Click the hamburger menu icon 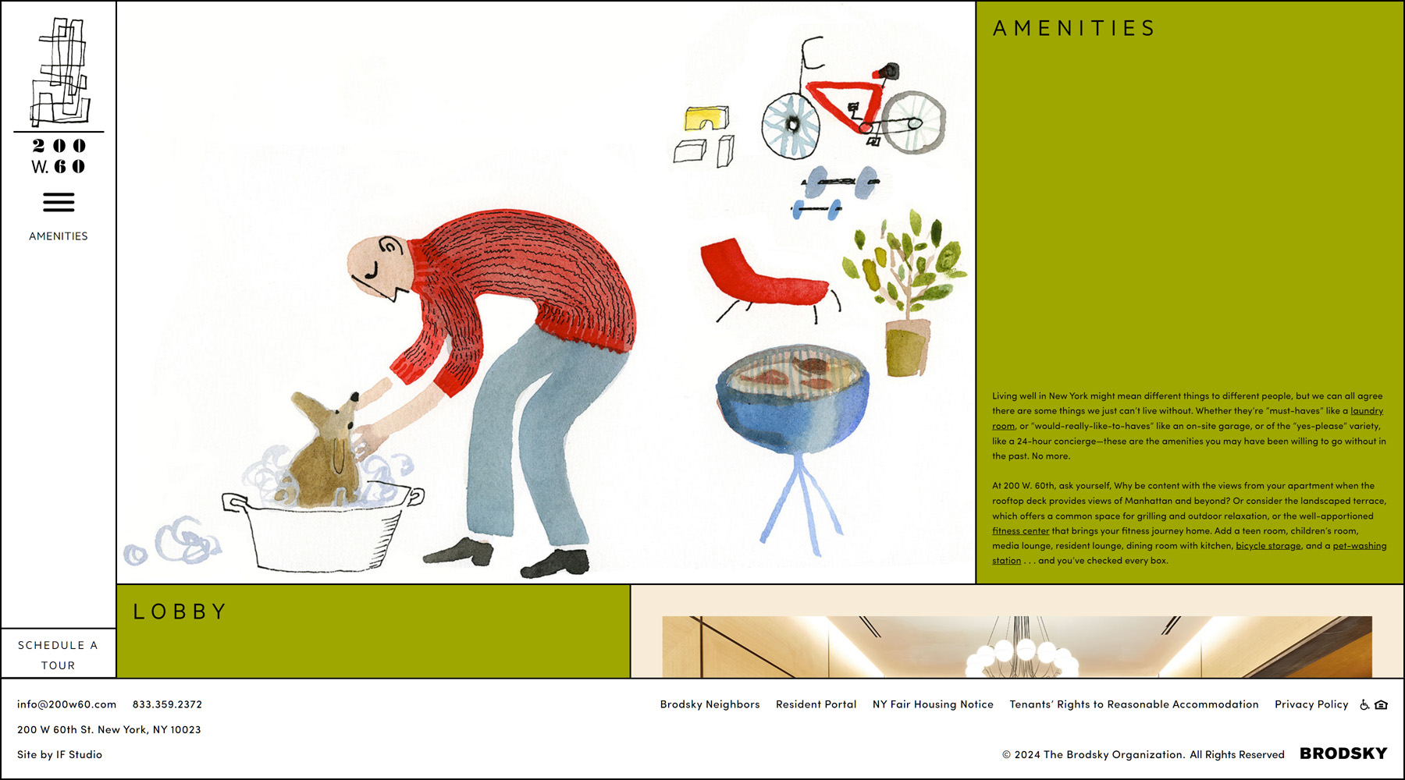pyautogui.click(x=59, y=203)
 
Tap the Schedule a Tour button pyautogui.click(x=59, y=654)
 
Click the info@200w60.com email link pyautogui.click(x=67, y=704)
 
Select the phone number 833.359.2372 pyautogui.click(x=167, y=704)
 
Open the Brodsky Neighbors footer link pyautogui.click(x=710, y=704)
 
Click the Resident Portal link pyautogui.click(x=816, y=704)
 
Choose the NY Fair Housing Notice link pyautogui.click(x=933, y=704)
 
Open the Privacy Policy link pyautogui.click(x=1311, y=704)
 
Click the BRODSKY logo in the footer pyautogui.click(x=1343, y=753)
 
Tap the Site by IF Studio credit pyautogui.click(x=59, y=754)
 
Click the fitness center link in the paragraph pyautogui.click(x=1020, y=531)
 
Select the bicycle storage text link pyautogui.click(x=1268, y=546)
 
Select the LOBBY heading pyautogui.click(x=180, y=612)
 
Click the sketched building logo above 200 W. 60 pyautogui.click(x=59, y=72)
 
